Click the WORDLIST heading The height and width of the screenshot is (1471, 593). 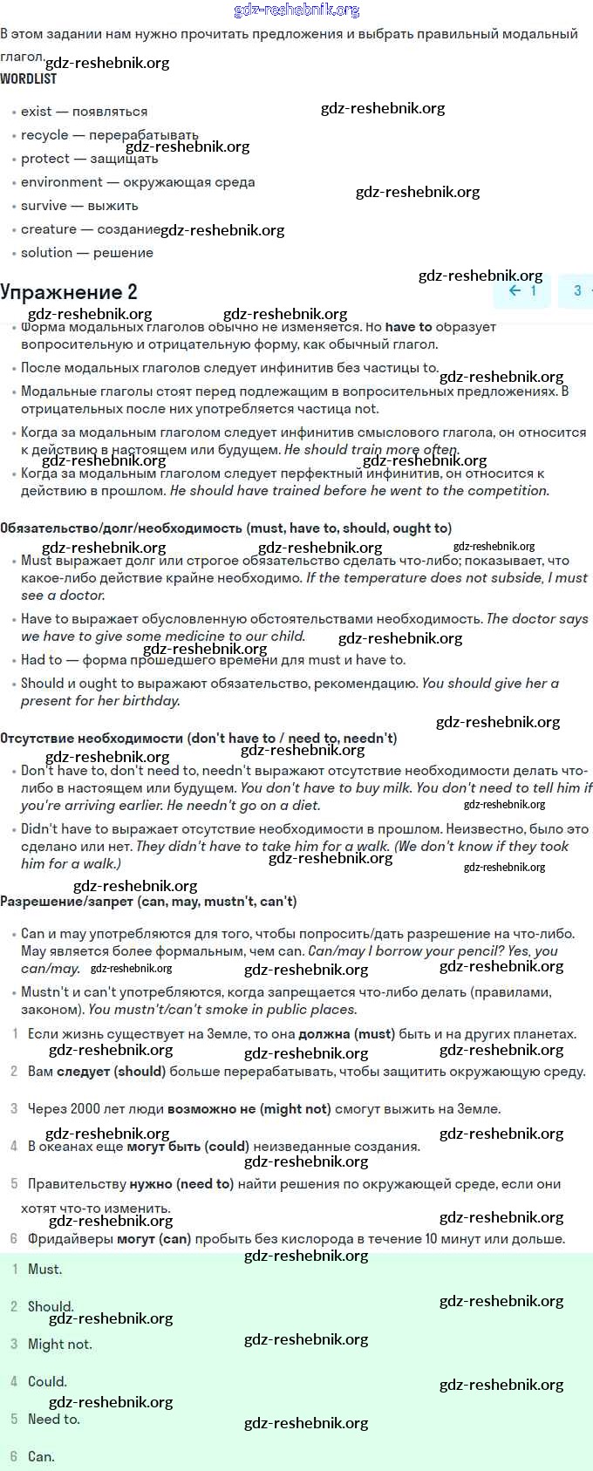tap(28, 78)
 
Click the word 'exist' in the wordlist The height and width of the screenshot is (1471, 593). tap(36, 112)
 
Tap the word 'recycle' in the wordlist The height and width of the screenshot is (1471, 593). tap(44, 135)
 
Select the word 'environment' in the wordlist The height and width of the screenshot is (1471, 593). tap(62, 182)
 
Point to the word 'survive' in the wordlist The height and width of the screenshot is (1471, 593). tap(44, 206)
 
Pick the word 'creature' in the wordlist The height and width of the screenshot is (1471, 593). tap(49, 229)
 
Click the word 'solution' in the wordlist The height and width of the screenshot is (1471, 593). tap(46, 253)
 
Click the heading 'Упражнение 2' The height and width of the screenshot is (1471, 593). tap(69, 292)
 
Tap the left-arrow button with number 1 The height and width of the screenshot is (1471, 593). tap(522, 291)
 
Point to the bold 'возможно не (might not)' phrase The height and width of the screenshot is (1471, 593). tap(249, 1109)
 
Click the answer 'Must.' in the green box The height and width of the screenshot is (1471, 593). tap(44, 1270)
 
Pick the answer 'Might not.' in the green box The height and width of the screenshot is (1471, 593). tap(59, 1345)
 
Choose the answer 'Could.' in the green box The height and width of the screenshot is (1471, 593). tap(47, 1382)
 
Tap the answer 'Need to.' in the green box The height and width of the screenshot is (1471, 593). tap(53, 1420)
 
